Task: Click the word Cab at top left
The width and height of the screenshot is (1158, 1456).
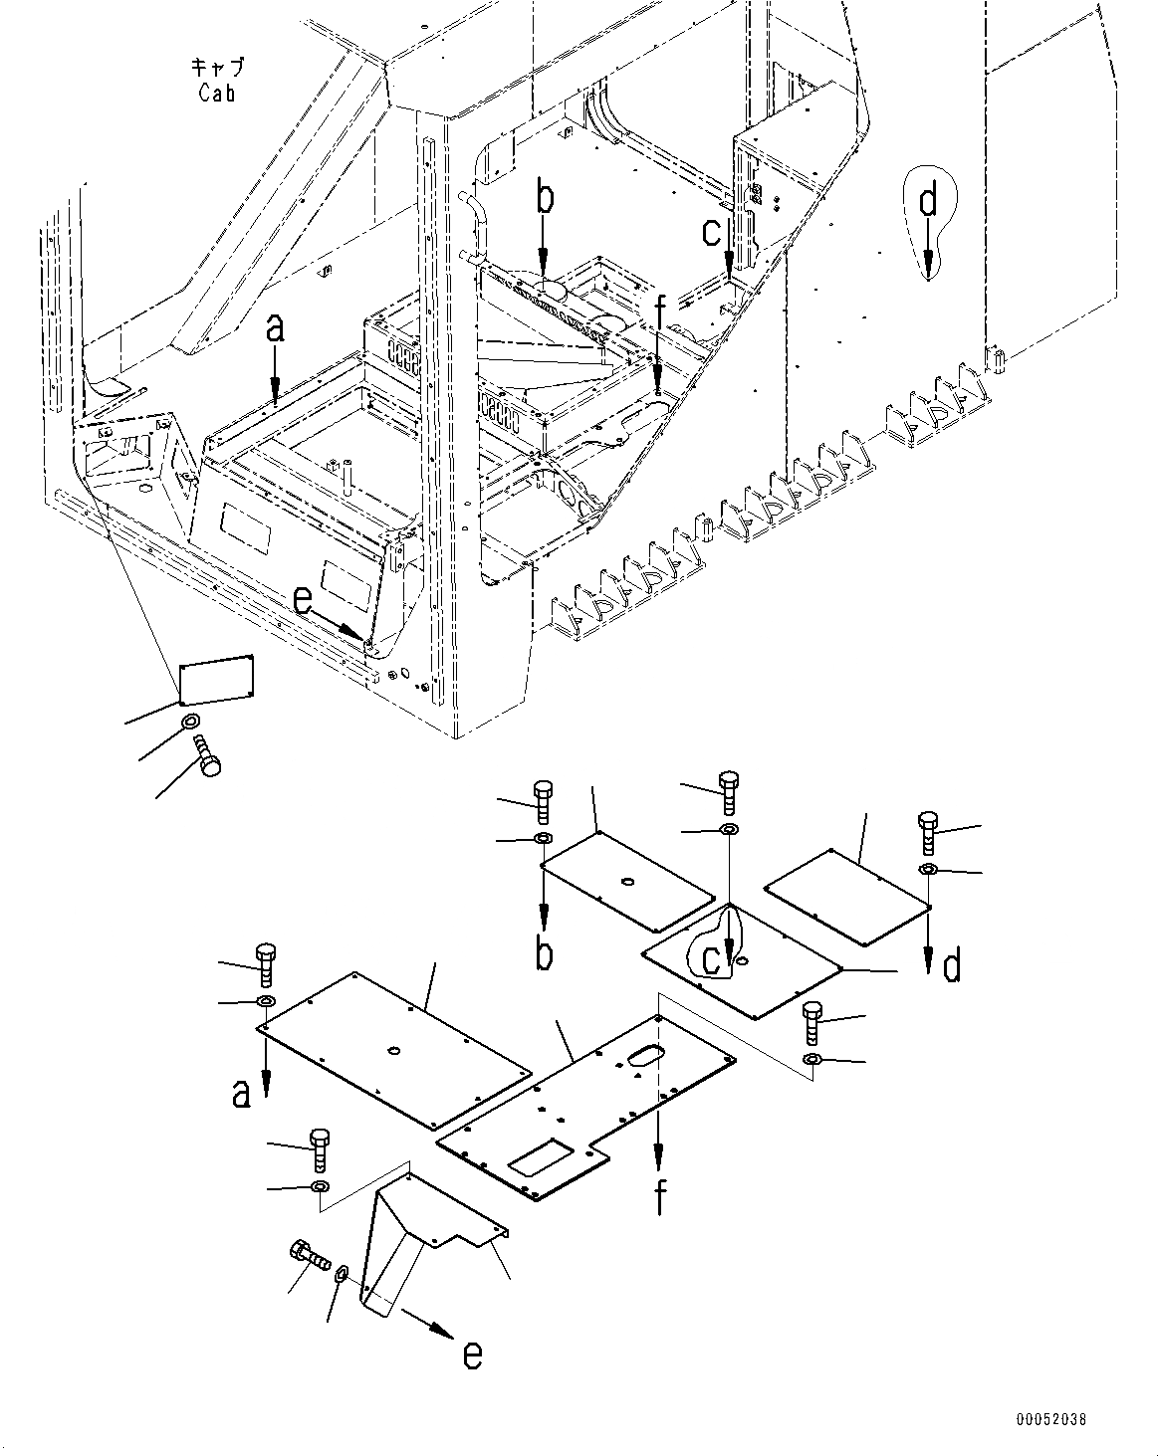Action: [216, 95]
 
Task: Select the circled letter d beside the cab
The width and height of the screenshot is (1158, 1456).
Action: [928, 202]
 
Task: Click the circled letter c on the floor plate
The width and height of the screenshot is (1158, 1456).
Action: [711, 958]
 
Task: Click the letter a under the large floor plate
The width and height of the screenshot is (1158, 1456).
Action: [240, 1095]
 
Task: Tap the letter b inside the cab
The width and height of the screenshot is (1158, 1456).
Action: [544, 198]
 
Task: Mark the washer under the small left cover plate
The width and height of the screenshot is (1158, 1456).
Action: [189, 721]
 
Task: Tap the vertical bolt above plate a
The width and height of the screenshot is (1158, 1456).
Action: [267, 963]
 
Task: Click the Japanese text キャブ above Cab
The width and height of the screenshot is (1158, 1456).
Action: [216, 68]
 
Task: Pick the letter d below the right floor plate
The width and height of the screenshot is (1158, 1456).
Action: [951, 965]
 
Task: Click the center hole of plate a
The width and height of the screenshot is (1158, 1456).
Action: [395, 1051]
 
